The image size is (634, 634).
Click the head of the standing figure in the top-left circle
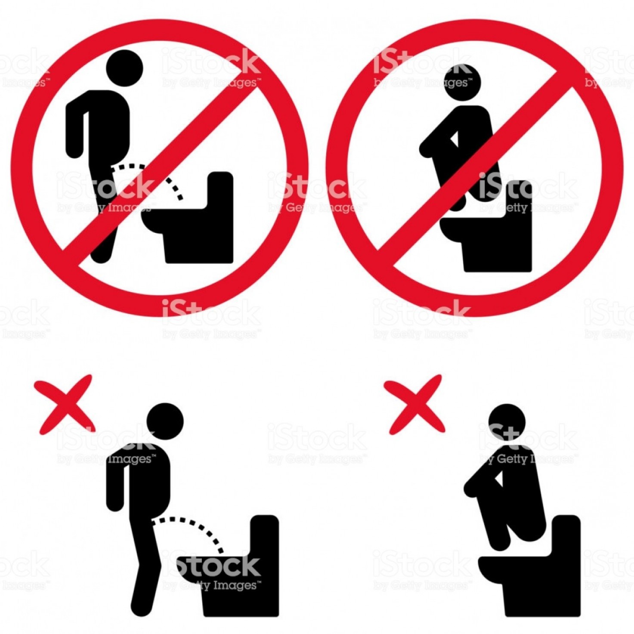pos(124,68)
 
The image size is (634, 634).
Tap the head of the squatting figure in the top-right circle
pos(461,82)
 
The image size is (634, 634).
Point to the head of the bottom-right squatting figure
pos(507,422)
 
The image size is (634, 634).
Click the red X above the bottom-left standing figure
pos(65,404)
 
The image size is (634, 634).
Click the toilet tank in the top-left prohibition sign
pos(220,189)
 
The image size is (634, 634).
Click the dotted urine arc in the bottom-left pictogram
pos(194,527)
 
